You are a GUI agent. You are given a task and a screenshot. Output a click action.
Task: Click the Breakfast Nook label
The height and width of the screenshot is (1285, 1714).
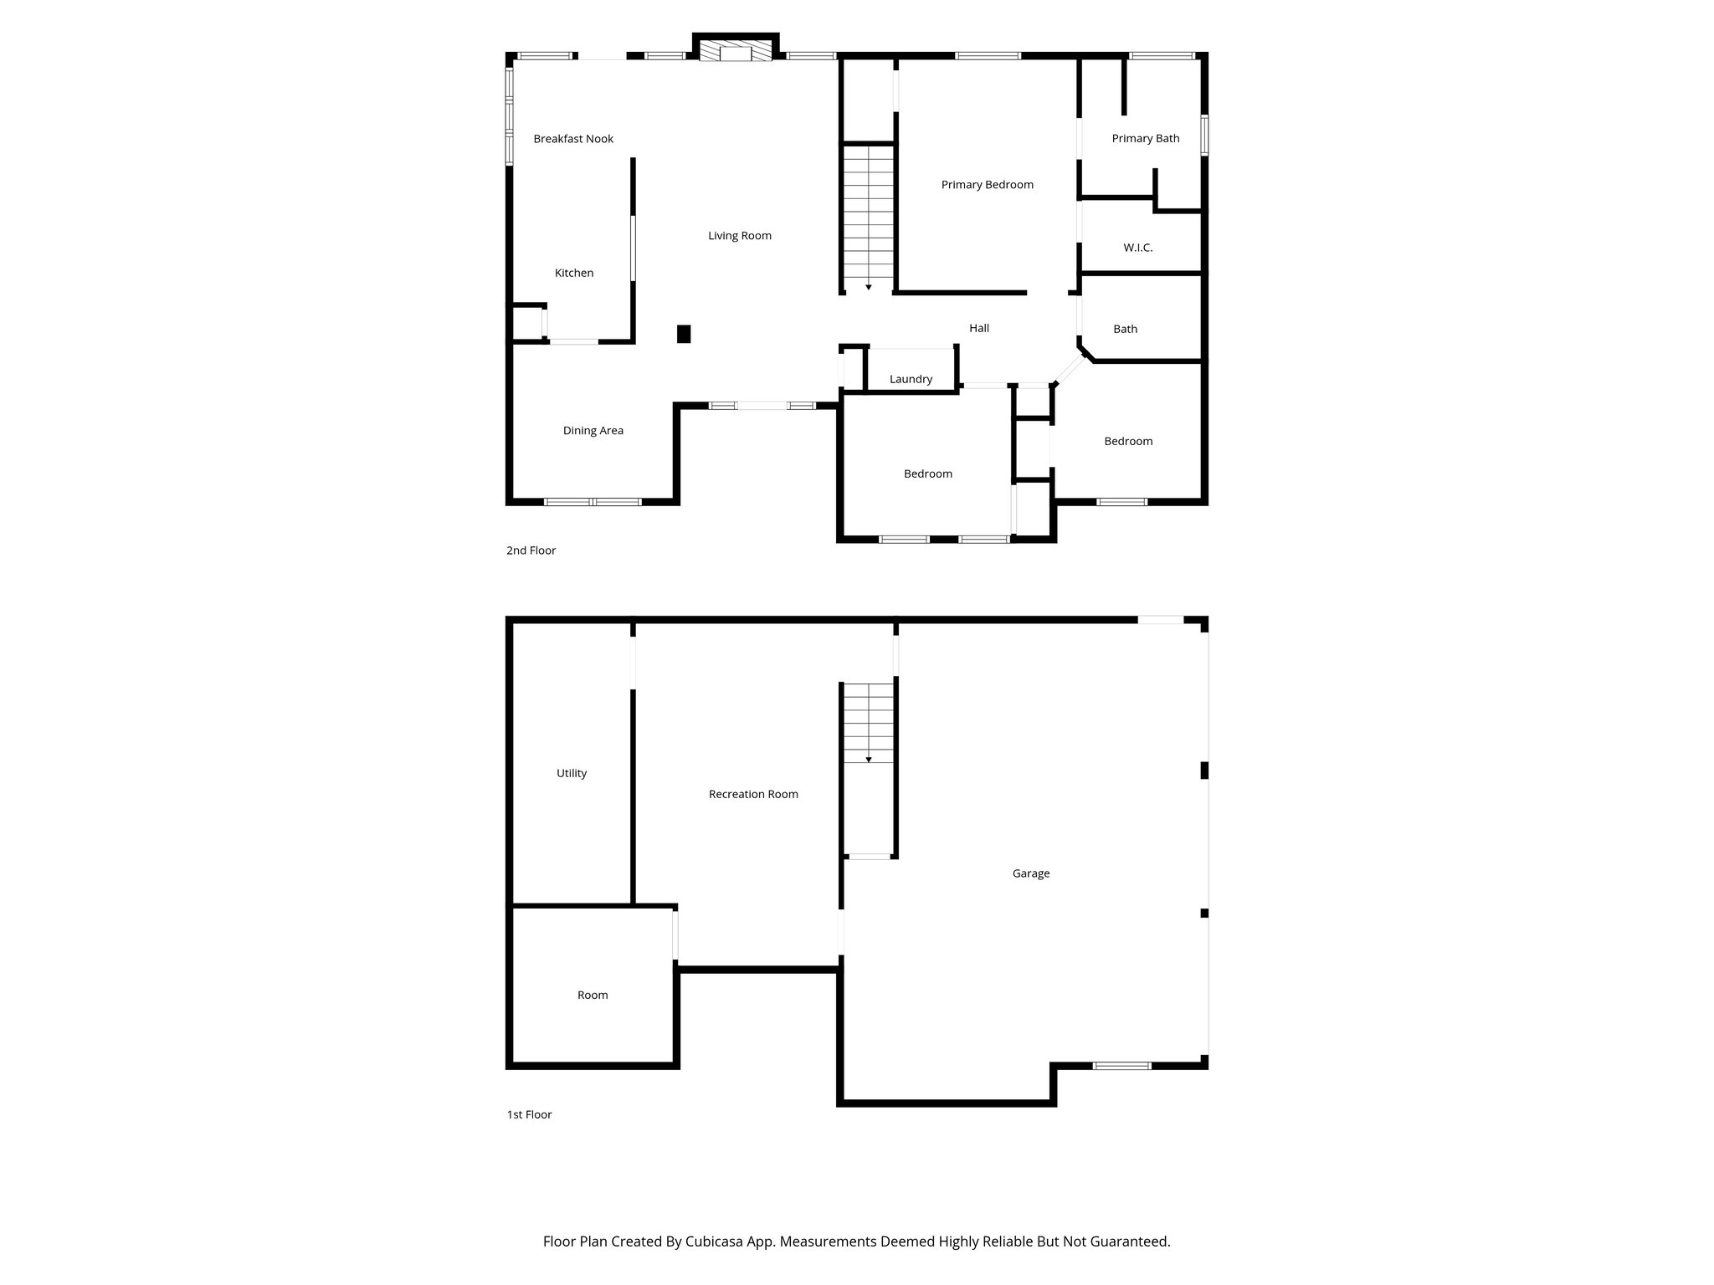pyautogui.click(x=573, y=139)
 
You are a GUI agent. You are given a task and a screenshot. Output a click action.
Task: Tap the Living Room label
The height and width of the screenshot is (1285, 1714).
pyautogui.click(x=740, y=236)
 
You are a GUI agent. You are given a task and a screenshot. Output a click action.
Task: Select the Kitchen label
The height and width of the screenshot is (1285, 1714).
pyautogui.click(x=574, y=273)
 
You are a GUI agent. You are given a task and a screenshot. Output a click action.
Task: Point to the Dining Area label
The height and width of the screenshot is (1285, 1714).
pyautogui.click(x=593, y=431)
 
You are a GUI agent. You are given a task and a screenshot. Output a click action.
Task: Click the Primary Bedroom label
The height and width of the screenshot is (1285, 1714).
pyautogui.click(x=987, y=185)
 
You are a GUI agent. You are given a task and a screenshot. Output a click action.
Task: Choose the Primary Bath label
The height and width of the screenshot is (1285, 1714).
pyautogui.click(x=1145, y=139)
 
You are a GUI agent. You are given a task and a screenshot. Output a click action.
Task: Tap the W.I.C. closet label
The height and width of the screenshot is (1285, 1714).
pyautogui.click(x=1137, y=248)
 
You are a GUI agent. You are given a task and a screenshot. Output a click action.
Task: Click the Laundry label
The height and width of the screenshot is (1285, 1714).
pyautogui.click(x=911, y=380)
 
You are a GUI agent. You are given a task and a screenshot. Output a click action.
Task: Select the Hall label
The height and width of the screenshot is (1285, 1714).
pyautogui.click(x=979, y=329)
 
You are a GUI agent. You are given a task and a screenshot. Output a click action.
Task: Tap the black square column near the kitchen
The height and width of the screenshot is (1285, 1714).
pyautogui.click(x=684, y=334)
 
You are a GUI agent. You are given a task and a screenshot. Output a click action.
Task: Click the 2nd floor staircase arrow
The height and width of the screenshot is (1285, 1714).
pyautogui.click(x=869, y=287)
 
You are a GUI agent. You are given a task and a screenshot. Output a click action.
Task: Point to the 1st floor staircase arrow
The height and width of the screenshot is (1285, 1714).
pyautogui.click(x=869, y=760)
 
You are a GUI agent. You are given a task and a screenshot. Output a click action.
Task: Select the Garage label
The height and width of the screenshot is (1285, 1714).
pyautogui.click(x=1030, y=873)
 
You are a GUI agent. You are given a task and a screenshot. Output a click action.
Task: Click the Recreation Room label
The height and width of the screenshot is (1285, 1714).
pyautogui.click(x=753, y=795)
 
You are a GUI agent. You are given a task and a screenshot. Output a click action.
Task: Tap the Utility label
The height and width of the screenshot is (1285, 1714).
pyautogui.click(x=572, y=774)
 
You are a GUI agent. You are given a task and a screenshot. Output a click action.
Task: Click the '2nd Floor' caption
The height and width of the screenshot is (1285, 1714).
pyautogui.click(x=531, y=550)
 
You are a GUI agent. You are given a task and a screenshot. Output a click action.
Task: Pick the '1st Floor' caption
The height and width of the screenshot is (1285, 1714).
pyautogui.click(x=529, y=1114)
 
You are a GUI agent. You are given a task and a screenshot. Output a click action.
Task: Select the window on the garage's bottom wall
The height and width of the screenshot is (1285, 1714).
pyautogui.click(x=1121, y=1066)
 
